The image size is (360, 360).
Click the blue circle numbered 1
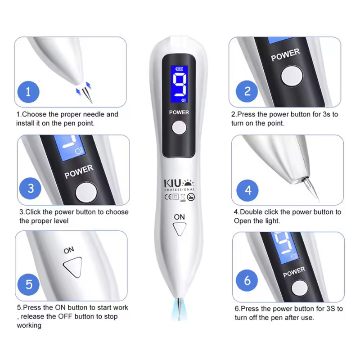point(28,92)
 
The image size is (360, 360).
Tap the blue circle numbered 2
point(247,91)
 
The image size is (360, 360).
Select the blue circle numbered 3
point(30,189)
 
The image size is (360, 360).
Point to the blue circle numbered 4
point(247,190)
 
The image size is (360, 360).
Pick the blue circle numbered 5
point(28,284)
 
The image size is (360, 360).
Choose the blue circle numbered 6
point(247,280)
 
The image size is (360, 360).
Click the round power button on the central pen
point(179,127)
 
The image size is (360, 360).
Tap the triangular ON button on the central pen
point(179,229)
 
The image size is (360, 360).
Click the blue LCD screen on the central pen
point(179,84)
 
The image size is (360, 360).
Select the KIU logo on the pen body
point(179,185)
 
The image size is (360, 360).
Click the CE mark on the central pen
point(168,197)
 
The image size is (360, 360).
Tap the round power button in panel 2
point(292,76)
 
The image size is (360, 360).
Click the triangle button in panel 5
point(73,267)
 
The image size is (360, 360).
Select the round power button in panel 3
point(86,193)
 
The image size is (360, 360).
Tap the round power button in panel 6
point(300,288)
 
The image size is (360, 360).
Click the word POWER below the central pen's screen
point(179,112)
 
